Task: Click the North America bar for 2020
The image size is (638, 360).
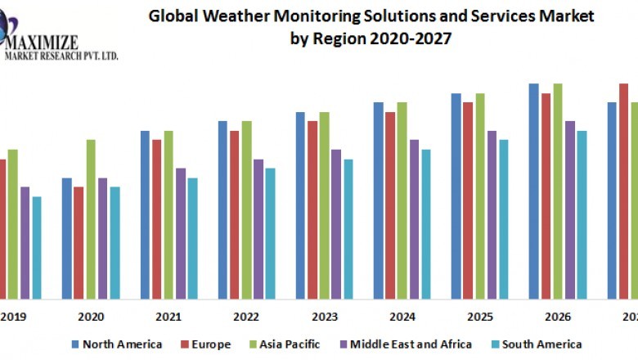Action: [x=67, y=238]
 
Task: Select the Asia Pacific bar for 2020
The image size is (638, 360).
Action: [x=91, y=219]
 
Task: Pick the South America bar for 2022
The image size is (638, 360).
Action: [x=270, y=233]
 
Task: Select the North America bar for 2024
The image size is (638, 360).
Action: [x=379, y=200]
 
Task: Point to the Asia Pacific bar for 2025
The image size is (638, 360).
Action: [x=480, y=196]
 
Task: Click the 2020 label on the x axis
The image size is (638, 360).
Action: [x=90, y=317]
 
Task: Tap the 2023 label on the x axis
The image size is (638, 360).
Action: [x=324, y=317]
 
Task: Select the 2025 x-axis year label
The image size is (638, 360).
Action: [x=480, y=317]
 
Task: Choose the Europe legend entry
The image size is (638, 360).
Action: [x=205, y=344]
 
